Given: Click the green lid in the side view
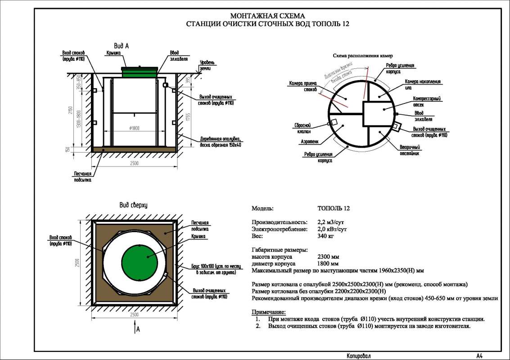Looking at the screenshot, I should pyautogui.click(x=140, y=71).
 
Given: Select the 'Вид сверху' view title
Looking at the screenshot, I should pyautogui.click(x=133, y=205).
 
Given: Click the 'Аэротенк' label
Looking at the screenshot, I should pyautogui.click(x=309, y=142).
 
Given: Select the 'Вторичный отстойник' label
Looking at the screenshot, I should pyautogui.click(x=410, y=150).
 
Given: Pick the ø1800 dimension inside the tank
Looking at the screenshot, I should pyautogui.click(x=134, y=129).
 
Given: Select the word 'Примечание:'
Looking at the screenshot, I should pyautogui.click(x=269, y=312).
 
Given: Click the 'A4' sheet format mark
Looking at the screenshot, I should pyautogui.click(x=480, y=355).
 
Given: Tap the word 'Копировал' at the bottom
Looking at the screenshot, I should pyautogui.click(x=359, y=355).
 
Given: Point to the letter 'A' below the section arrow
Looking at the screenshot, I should pyautogui.click(x=139, y=330).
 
